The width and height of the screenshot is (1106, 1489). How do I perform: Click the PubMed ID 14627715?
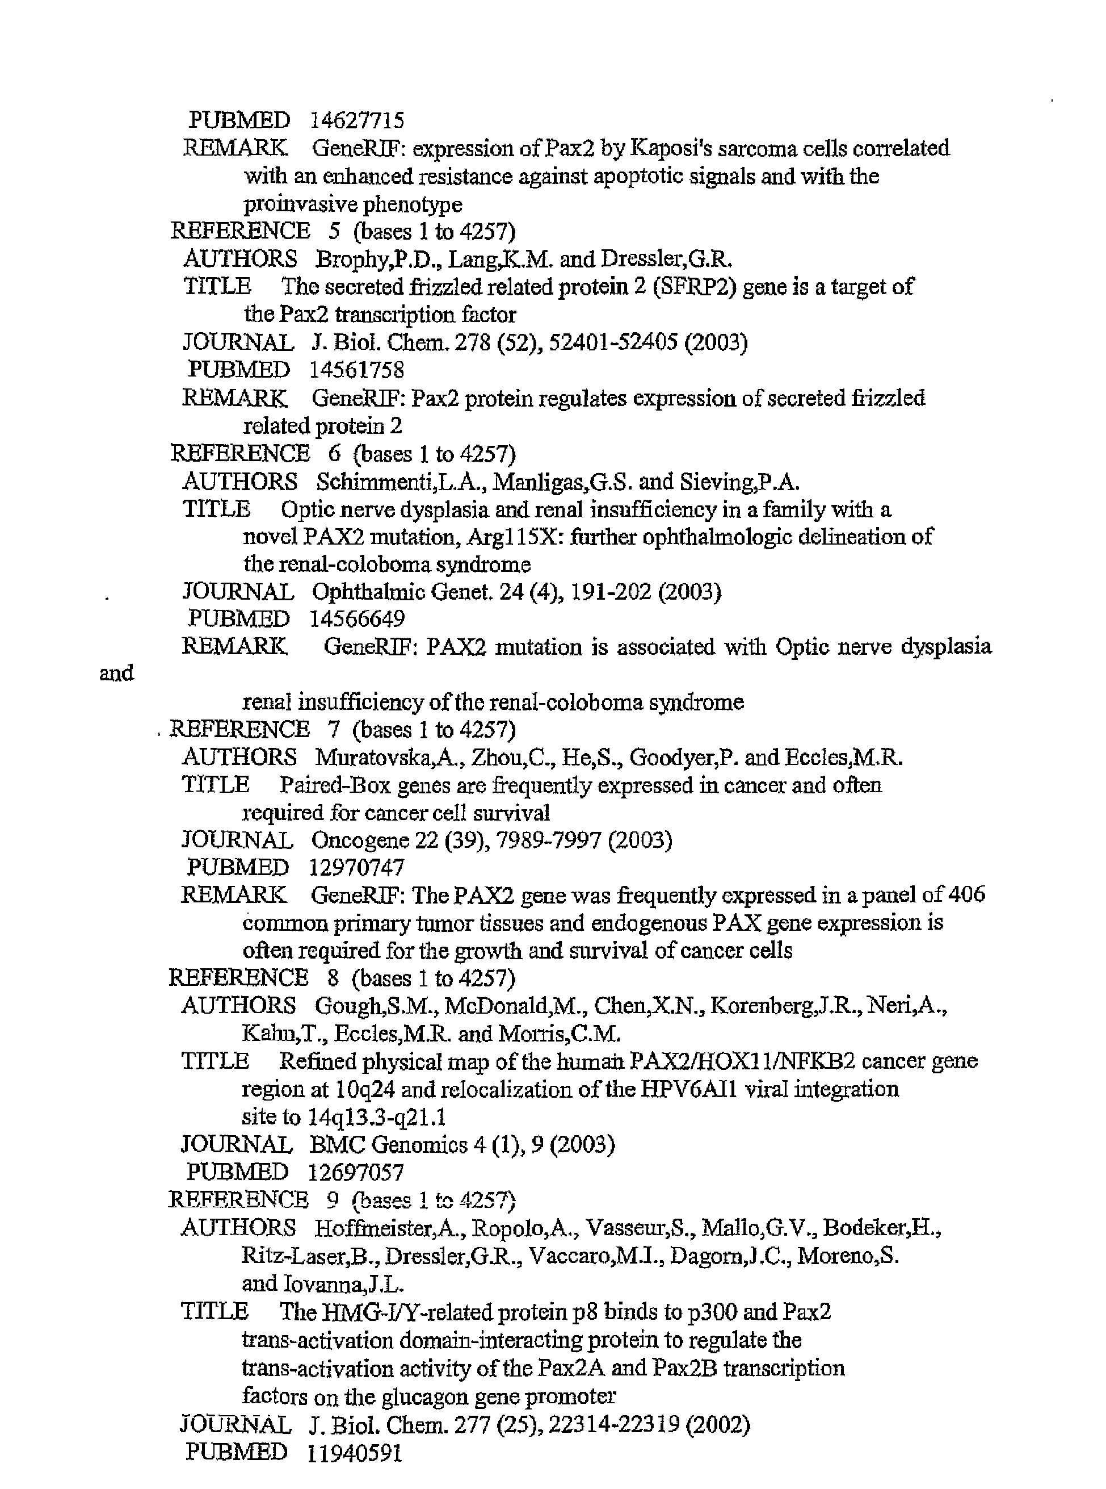click(x=357, y=120)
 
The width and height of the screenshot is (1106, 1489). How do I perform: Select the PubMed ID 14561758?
click(x=357, y=370)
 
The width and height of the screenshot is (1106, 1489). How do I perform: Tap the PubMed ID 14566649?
click(x=357, y=619)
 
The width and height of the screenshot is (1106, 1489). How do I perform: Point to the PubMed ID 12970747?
click(x=357, y=867)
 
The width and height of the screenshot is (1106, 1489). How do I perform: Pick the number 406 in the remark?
click(x=966, y=895)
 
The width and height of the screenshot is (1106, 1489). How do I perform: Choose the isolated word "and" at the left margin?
click(x=116, y=673)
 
